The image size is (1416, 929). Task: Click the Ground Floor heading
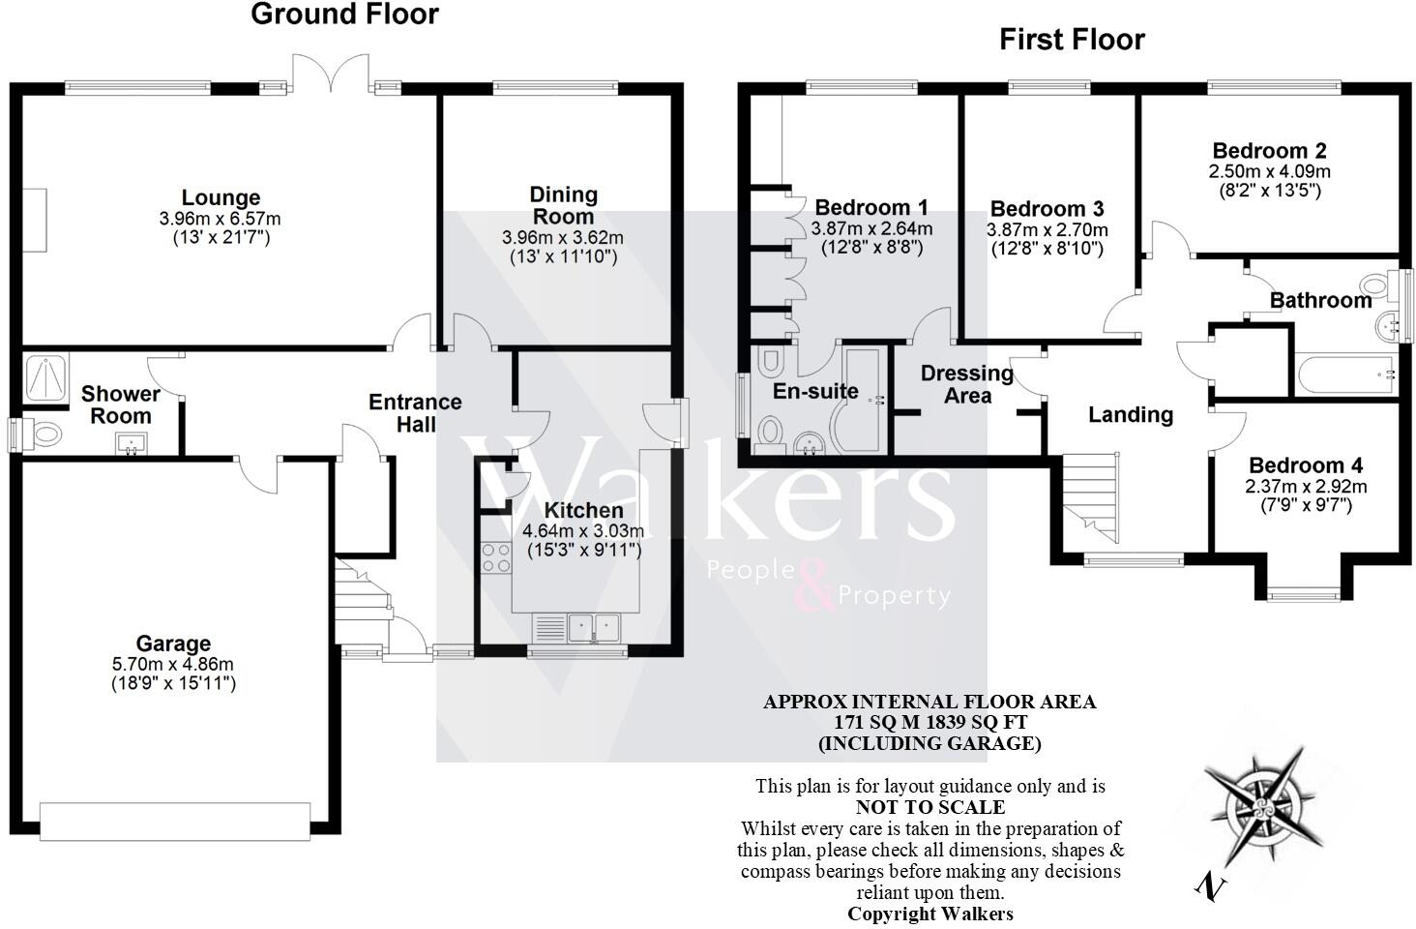click(344, 15)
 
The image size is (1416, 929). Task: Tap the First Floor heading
click(1072, 40)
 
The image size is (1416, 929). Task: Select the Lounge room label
click(221, 199)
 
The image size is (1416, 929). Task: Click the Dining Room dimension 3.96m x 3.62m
click(562, 237)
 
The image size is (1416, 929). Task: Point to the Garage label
click(173, 644)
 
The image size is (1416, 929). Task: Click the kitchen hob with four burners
click(496, 557)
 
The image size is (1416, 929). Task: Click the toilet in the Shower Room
click(41, 435)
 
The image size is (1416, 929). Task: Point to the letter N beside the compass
click(1208, 885)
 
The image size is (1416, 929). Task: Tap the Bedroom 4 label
click(1305, 465)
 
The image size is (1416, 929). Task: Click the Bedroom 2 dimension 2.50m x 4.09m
click(1269, 171)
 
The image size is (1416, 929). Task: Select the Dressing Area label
click(966, 384)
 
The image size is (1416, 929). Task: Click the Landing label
click(1130, 415)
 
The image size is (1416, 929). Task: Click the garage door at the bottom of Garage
click(175, 819)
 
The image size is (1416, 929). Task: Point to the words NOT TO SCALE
click(929, 807)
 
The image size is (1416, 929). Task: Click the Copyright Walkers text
click(929, 914)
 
